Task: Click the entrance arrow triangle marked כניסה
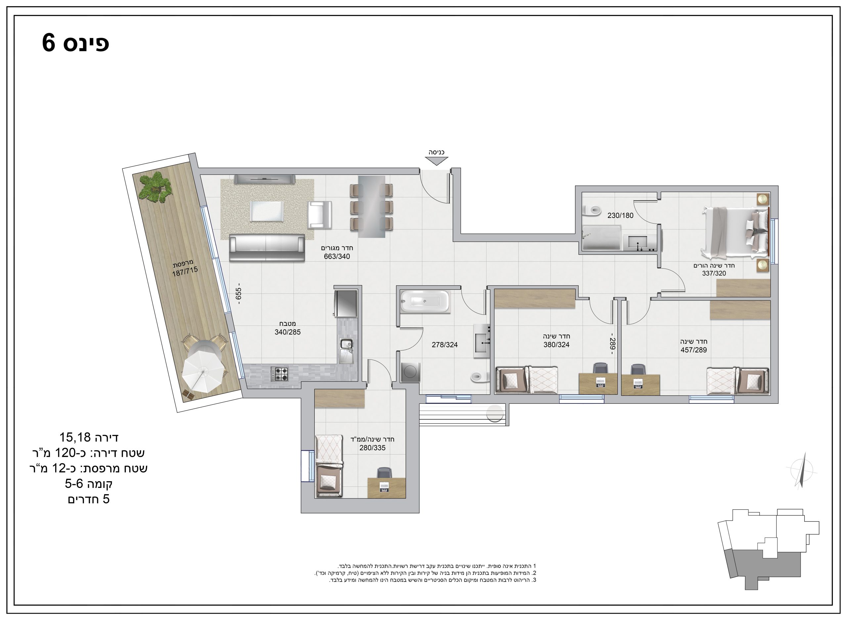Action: point(436,161)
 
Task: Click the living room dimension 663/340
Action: point(337,256)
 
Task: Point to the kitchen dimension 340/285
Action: point(288,332)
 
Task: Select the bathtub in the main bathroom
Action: point(425,301)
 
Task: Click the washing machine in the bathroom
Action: point(410,372)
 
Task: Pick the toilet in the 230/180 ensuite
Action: point(591,211)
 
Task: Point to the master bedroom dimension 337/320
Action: point(714,273)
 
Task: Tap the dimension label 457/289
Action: point(694,350)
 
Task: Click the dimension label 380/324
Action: point(557,344)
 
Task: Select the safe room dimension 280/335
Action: point(372,448)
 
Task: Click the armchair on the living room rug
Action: point(320,215)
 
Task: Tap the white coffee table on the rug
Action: point(266,211)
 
